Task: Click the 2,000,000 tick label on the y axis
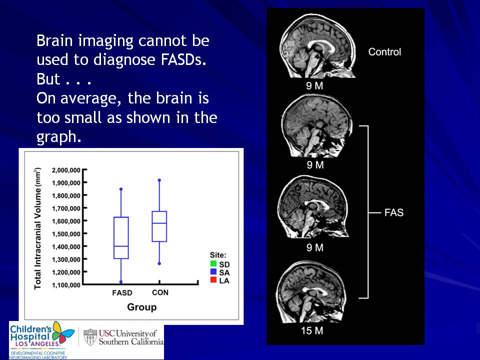[66, 170]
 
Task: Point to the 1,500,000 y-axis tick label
[66, 234]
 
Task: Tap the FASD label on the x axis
[122, 293]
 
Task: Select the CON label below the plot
[160, 292]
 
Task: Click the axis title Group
[141, 307]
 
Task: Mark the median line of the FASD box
[121, 246]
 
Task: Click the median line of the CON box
[159, 223]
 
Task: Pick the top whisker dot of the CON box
[159, 180]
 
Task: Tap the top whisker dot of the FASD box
[121, 189]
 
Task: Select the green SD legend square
[213, 263]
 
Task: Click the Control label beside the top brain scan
[384, 51]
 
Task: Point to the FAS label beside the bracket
[394, 212]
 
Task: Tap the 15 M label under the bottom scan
[312, 330]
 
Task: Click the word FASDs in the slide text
[183, 59]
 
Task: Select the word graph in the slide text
[59, 137]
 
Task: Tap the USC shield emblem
[90, 337]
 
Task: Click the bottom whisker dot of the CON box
[159, 263]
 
